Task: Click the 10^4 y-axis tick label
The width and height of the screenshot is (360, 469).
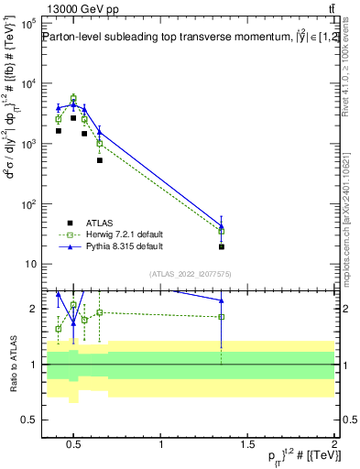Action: point(27,83)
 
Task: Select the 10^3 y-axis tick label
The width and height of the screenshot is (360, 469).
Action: point(27,144)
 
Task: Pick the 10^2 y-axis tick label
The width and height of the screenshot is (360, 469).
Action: point(27,204)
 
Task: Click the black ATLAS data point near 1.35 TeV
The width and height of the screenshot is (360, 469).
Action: point(222,246)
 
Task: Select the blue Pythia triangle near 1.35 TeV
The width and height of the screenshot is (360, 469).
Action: point(222,225)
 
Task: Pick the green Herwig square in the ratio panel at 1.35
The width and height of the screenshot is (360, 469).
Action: point(222,317)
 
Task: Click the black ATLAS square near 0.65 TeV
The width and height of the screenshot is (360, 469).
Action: point(100,160)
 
